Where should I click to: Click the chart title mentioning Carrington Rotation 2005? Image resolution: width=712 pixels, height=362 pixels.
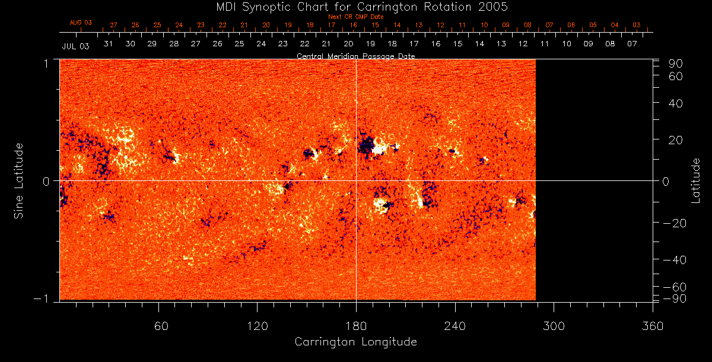click(x=355, y=7)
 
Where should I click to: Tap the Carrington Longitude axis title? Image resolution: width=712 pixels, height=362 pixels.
click(x=355, y=342)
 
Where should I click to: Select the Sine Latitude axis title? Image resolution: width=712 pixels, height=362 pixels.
click(x=19, y=180)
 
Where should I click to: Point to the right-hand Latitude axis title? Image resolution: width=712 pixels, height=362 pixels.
click(x=696, y=180)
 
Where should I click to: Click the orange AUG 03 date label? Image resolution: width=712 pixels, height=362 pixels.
click(x=81, y=23)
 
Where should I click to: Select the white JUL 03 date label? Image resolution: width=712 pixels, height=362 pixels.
click(x=75, y=46)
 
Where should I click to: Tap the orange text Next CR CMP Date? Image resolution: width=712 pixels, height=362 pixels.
click(x=356, y=17)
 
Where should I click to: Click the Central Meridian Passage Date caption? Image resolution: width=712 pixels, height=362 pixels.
click(x=356, y=56)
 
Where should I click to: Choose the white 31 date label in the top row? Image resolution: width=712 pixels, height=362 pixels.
click(x=109, y=44)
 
